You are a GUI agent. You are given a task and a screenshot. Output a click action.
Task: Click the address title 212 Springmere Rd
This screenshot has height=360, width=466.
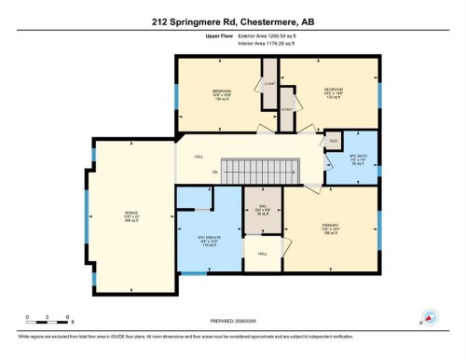(233, 21)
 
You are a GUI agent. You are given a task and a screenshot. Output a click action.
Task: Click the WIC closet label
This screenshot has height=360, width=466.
(263, 208)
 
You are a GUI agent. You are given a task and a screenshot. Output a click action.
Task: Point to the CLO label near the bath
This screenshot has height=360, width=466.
(333, 142)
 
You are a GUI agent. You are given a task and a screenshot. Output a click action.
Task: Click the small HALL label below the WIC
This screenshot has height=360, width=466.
(263, 253)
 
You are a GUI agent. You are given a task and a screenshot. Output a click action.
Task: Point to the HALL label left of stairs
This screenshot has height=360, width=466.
(198, 157)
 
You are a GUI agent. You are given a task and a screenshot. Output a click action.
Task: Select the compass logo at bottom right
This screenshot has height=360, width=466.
(431, 317)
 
